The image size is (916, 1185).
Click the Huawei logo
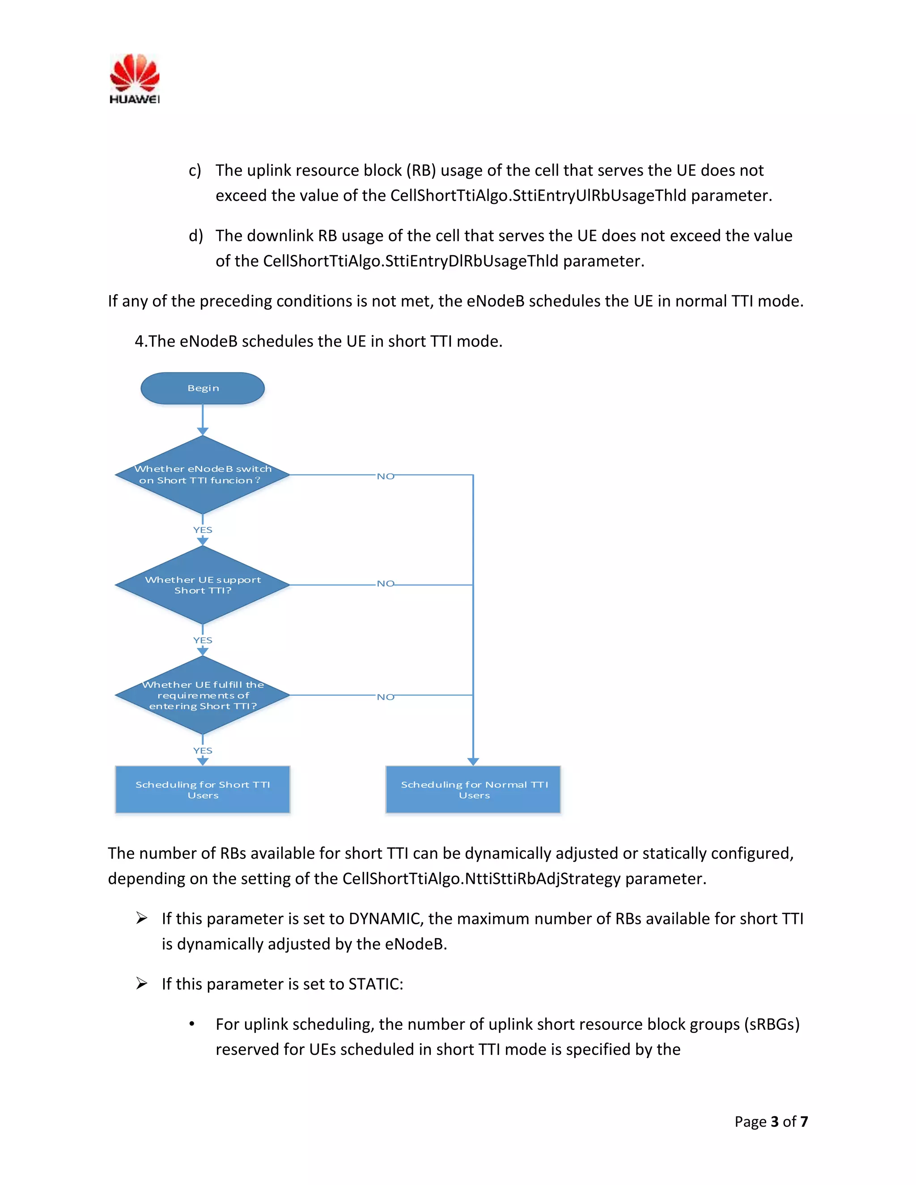click(x=135, y=78)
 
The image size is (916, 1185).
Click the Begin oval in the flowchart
click(x=203, y=388)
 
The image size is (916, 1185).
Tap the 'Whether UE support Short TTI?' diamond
click(x=203, y=585)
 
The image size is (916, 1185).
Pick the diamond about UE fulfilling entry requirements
click(x=203, y=695)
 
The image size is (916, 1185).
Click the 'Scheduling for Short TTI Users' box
click(x=203, y=789)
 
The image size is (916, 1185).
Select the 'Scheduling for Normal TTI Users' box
click(x=473, y=789)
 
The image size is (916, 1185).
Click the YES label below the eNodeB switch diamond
click(x=203, y=529)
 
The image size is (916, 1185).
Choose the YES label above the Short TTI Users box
click(x=203, y=750)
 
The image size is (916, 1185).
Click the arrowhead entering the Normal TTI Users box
click(x=473, y=761)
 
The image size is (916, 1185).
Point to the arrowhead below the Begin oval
click(x=203, y=432)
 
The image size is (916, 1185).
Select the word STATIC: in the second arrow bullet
click(x=376, y=984)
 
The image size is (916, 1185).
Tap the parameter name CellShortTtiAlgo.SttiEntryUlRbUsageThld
click(x=539, y=195)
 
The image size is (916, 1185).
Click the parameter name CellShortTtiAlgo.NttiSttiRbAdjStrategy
click(x=481, y=878)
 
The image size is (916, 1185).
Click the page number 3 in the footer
click(x=774, y=1122)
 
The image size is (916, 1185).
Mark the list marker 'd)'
click(x=195, y=236)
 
